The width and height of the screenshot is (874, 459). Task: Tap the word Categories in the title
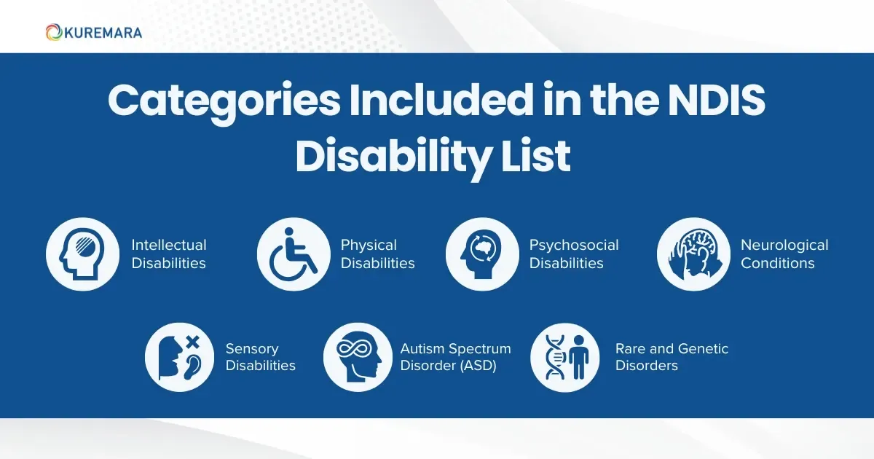point(222,102)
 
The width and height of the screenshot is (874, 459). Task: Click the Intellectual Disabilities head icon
point(82,254)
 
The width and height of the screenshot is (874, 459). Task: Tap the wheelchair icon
point(293,254)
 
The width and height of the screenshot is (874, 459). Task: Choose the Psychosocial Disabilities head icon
point(481,254)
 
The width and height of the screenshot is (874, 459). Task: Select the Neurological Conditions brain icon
point(693,254)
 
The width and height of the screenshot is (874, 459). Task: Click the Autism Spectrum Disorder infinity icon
point(359,357)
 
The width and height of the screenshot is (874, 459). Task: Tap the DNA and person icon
point(566,357)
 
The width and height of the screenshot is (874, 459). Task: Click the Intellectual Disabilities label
point(169,254)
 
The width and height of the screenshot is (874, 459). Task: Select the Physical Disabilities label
point(377,254)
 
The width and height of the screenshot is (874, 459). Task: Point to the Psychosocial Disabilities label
point(574,254)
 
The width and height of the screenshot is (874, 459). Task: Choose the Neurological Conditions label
point(784,254)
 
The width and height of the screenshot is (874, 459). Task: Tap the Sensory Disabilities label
point(260,357)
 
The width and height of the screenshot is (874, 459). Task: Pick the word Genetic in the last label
point(700,349)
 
